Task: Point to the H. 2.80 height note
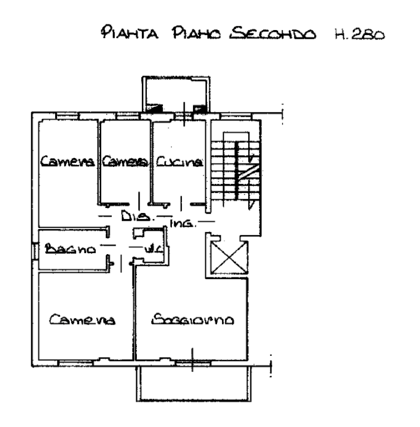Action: (x=358, y=33)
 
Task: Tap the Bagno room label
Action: (x=71, y=249)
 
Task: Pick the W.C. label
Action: (x=152, y=250)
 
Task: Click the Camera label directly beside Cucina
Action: (x=125, y=162)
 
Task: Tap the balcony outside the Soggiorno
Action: (x=192, y=384)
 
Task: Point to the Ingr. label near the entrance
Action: (x=181, y=226)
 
